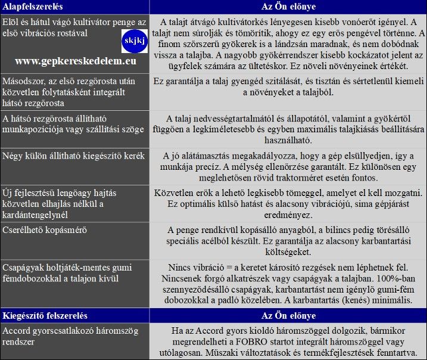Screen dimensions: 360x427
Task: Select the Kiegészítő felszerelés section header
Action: point(45,315)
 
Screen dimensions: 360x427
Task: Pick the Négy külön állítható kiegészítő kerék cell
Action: point(74,156)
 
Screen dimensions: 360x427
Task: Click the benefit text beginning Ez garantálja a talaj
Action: point(288,87)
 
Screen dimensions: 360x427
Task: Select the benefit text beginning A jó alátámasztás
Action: point(288,167)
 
